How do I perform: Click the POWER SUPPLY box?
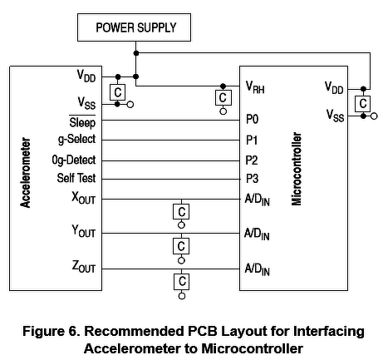click(x=134, y=27)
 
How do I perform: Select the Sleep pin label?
click(x=82, y=122)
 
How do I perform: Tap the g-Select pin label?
click(x=76, y=139)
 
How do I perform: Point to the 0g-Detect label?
click(x=74, y=160)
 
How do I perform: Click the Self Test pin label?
click(x=76, y=178)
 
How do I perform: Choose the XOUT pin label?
click(x=83, y=198)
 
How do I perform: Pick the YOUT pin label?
click(x=83, y=231)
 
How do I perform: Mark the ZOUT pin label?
click(x=84, y=266)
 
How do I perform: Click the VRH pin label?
click(x=255, y=87)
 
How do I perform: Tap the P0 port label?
click(x=253, y=119)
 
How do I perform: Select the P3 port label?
click(x=252, y=179)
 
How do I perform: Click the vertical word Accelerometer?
click(x=26, y=172)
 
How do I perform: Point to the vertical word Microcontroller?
click(x=297, y=169)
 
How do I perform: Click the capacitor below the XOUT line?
click(x=181, y=212)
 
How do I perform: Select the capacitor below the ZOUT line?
click(x=182, y=282)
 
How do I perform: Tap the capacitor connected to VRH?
click(x=223, y=97)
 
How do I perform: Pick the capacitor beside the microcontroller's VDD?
click(x=362, y=104)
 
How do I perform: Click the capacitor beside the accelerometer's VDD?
click(x=117, y=92)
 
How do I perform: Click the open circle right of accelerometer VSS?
click(x=130, y=105)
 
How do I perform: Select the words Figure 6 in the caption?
click(x=52, y=331)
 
